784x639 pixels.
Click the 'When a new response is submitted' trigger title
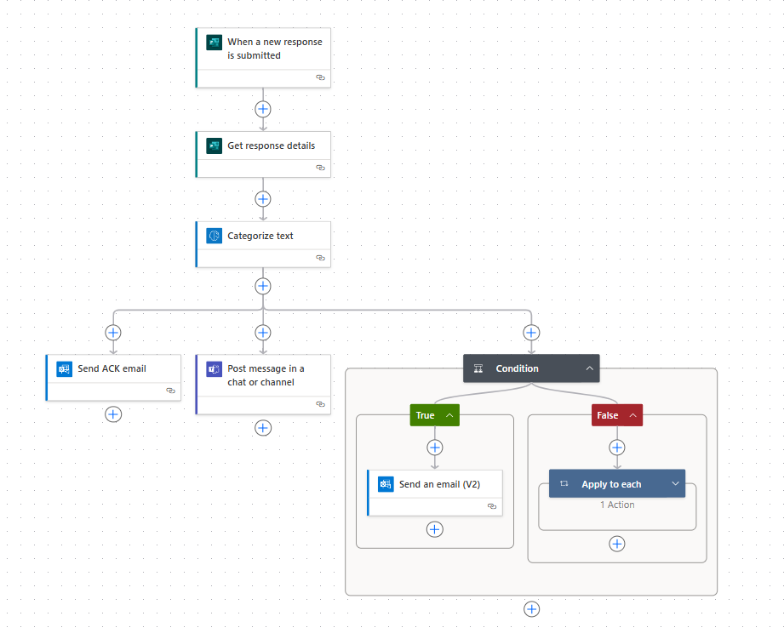click(274, 48)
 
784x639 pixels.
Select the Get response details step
click(264, 154)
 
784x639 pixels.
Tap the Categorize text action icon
click(214, 236)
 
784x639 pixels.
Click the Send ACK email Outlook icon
click(64, 368)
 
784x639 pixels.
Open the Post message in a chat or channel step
click(264, 385)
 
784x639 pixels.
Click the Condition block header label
click(517, 368)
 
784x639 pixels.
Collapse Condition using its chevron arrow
click(590, 368)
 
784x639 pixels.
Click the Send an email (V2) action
click(435, 493)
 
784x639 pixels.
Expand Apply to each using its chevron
click(676, 483)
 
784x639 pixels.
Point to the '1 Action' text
click(617, 505)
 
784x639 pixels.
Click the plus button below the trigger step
click(263, 109)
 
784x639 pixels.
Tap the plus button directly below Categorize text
click(263, 286)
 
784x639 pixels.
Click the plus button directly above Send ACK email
click(113, 332)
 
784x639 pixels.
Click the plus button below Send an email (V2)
click(434, 529)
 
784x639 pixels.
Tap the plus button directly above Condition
click(531, 332)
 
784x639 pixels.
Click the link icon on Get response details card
click(321, 168)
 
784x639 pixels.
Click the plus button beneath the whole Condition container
click(531, 609)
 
